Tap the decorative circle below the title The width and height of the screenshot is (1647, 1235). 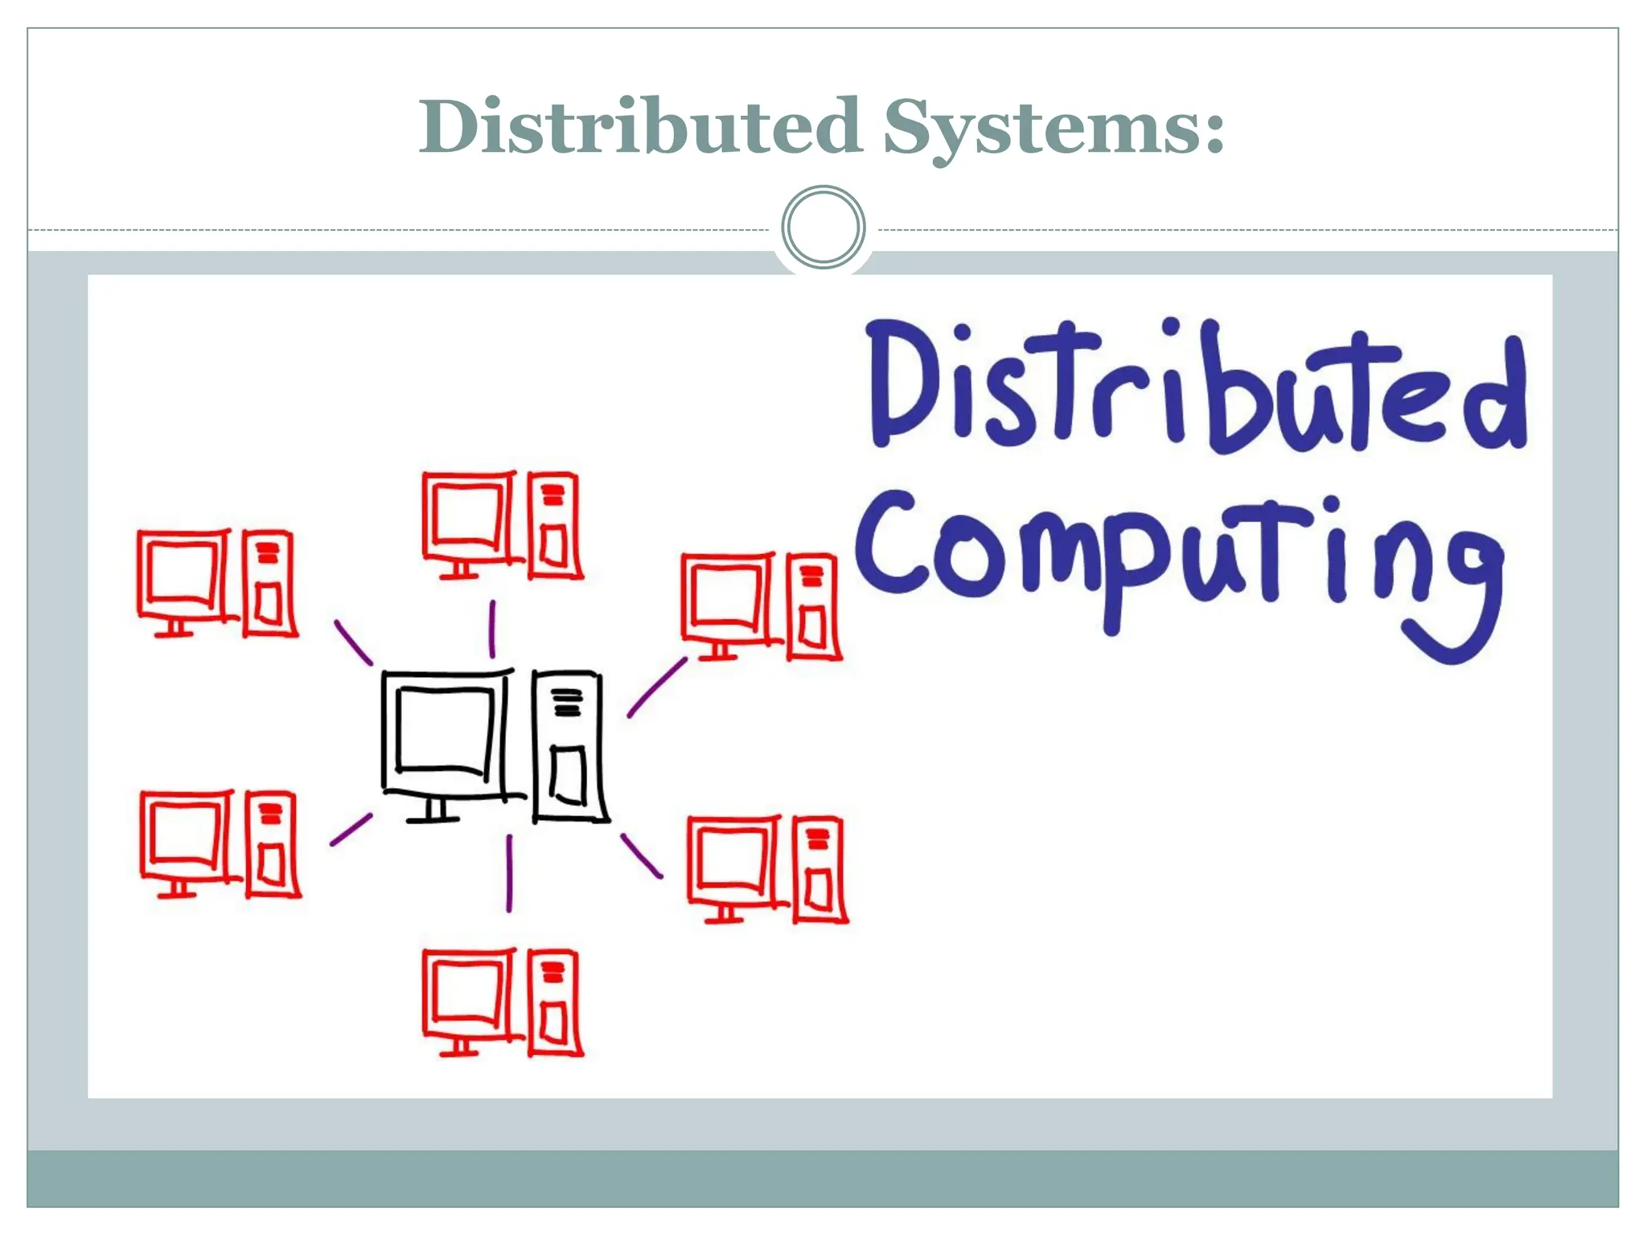[x=823, y=227]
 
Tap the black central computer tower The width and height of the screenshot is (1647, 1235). [x=568, y=747]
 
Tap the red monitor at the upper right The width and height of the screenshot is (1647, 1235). [x=727, y=598]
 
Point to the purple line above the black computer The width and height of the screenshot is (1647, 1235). [x=492, y=629]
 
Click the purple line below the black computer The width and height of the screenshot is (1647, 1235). [x=509, y=873]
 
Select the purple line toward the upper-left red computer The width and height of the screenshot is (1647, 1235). [x=354, y=642]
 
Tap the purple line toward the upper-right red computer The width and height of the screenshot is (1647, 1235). [x=657, y=687]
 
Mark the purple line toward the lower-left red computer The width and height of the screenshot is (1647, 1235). [x=351, y=830]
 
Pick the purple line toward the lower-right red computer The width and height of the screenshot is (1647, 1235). [x=642, y=856]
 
